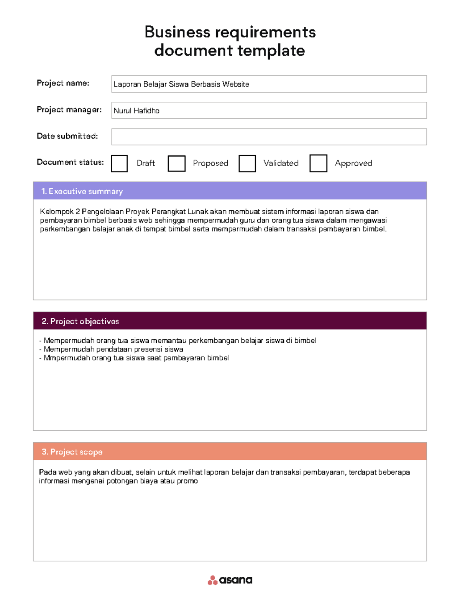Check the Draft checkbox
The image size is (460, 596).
click(119, 163)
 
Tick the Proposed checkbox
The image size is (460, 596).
click(176, 163)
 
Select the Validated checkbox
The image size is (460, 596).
click(247, 163)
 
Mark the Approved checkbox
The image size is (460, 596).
click(318, 163)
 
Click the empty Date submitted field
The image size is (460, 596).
click(269, 137)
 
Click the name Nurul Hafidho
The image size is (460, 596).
click(136, 111)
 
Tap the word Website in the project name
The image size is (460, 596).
click(236, 84)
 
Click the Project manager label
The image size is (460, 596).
click(69, 110)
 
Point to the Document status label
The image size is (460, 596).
click(70, 162)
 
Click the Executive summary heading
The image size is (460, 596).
click(82, 191)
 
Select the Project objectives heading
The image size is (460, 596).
click(80, 321)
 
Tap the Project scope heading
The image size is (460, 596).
click(72, 452)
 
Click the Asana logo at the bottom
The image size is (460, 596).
click(230, 580)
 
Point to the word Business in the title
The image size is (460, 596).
click(177, 32)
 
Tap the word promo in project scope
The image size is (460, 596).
click(187, 481)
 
